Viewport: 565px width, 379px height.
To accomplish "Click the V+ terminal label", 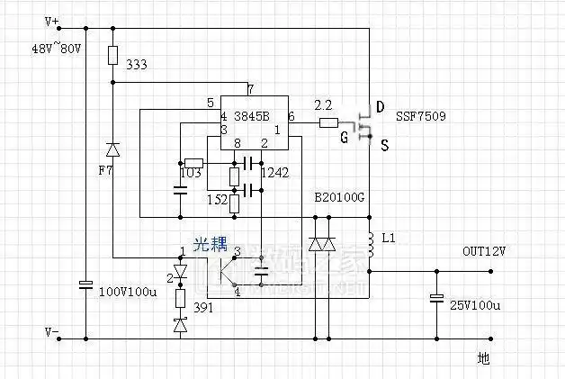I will (x=51, y=20).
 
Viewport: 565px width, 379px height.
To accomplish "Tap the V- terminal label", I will (x=53, y=332).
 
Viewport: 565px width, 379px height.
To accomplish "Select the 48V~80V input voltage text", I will (x=56, y=47).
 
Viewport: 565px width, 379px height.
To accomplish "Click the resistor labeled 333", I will (x=112, y=56).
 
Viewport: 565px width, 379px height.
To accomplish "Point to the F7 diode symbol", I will (x=112, y=149).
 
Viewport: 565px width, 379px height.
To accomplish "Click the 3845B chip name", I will (x=252, y=117).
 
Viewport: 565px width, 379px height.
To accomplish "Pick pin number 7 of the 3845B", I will (x=250, y=89).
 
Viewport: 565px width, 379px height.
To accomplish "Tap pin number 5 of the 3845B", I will (x=210, y=103).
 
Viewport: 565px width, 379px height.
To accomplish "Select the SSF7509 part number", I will (x=420, y=117).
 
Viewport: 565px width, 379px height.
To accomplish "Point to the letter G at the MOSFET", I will (x=344, y=138).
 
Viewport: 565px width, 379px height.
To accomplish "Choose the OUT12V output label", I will (x=484, y=251).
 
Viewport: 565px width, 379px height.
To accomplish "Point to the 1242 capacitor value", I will (x=274, y=173).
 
